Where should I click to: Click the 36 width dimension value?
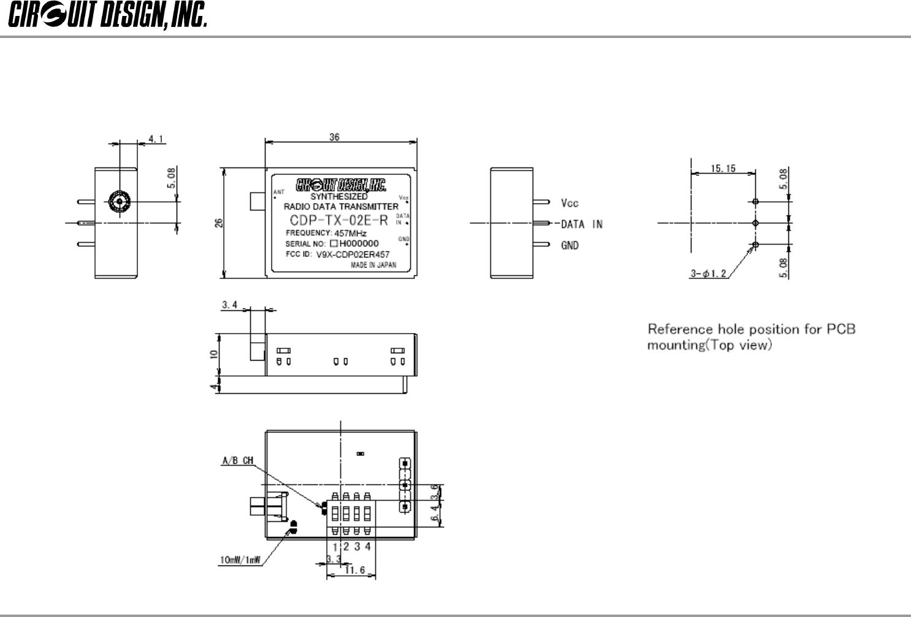(334, 137)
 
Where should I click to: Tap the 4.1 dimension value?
(155, 139)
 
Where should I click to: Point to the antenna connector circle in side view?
(117, 201)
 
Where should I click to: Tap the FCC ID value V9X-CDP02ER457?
(353, 255)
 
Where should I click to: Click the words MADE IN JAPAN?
(373, 266)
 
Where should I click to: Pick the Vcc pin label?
(570, 203)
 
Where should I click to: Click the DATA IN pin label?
(582, 224)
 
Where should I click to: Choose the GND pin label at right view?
(570, 245)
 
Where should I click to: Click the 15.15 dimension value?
(723, 169)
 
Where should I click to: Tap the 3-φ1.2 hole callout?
(709, 274)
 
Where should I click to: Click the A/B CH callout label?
(238, 461)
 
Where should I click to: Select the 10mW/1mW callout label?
(240, 559)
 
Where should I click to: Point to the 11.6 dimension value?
(355, 570)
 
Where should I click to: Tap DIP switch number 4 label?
(367, 546)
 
